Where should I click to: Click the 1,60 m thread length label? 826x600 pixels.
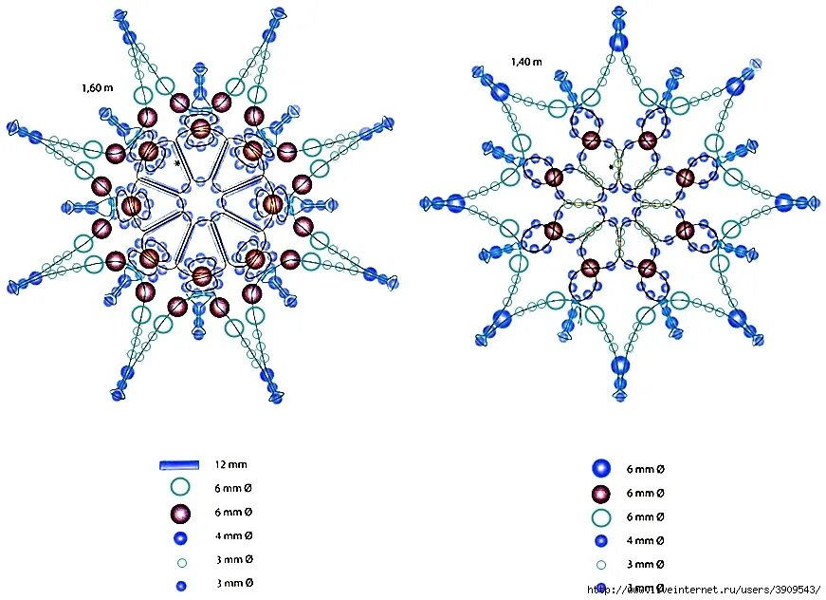(97, 87)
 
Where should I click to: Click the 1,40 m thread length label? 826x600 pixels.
(526, 62)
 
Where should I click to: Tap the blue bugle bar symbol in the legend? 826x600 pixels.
(179, 465)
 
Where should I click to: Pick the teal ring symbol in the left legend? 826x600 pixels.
(179, 488)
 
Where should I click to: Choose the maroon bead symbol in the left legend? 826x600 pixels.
(179, 513)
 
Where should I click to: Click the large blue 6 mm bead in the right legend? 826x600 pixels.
(600, 468)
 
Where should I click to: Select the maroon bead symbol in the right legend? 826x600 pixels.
(600, 494)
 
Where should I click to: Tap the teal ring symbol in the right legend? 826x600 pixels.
(600, 518)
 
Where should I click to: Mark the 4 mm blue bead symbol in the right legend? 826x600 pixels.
(600, 541)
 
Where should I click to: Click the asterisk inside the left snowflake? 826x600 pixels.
(176, 164)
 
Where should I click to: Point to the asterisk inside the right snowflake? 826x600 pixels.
(610, 168)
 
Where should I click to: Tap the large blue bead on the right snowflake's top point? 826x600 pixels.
(619, 42)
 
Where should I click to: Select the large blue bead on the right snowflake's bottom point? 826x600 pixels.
(619, 364)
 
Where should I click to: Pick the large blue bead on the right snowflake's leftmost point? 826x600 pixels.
(455, 202)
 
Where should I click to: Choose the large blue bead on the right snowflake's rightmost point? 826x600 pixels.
(784, 202)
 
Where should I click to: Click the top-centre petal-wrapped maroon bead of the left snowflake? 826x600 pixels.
(201, 128)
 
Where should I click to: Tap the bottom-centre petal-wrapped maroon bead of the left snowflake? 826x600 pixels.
(201, 276)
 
